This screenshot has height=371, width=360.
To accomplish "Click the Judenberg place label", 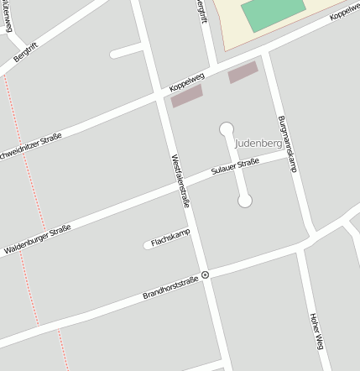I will [x=258, y=144].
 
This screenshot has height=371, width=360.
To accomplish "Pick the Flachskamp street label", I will [x=167, y=241].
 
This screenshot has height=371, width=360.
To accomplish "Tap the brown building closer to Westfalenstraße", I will [x=187, y=97].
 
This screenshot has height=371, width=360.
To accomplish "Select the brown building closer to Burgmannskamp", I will [x=243, y=71].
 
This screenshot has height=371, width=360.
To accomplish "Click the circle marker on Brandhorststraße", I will [x=205, y=274].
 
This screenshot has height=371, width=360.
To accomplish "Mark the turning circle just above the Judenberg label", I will [x=227, y=128].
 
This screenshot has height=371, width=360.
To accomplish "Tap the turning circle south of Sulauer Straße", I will [x=245, y=201].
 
